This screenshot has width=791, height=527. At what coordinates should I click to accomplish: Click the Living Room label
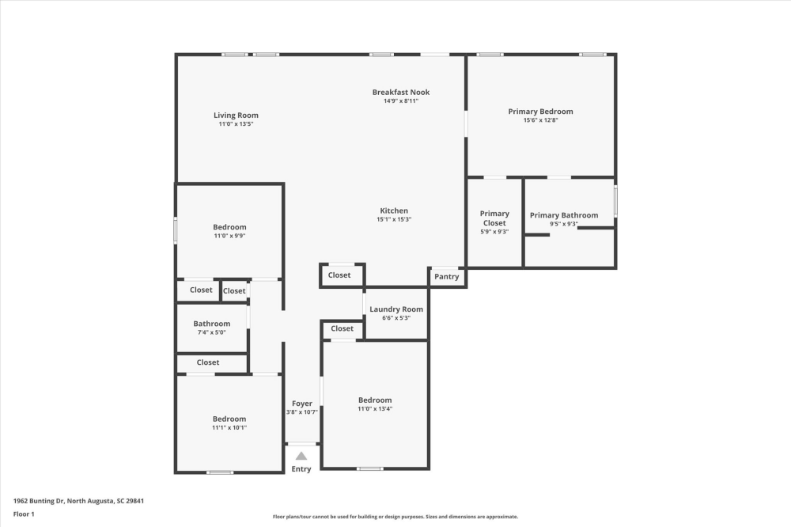(x=236, y=116)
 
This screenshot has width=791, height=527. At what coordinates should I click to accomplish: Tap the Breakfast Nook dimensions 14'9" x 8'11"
(x=401, y=101)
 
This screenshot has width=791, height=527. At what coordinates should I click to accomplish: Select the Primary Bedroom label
(x=540, y=112)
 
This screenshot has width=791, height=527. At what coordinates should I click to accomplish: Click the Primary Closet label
(x=494, y=218)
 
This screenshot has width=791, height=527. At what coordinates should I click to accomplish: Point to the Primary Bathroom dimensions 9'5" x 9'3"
(x=564, y=224)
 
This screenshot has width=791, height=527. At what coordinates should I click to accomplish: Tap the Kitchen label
(x=393, y=210)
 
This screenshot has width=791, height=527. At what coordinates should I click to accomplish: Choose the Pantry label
(x=446, y=277)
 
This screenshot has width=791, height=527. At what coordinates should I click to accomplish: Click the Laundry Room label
(x=396, y=309)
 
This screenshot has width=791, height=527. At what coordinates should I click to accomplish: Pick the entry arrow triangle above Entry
(x=301, y=456)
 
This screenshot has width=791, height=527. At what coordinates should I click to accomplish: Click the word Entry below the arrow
(x=301, y=469)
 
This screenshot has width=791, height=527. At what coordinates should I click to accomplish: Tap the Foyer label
(x=301, y=404)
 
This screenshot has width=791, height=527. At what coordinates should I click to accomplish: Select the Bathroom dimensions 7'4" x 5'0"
(x=212, y=332)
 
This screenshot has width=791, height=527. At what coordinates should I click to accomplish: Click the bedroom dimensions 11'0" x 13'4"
(x=374, y=409)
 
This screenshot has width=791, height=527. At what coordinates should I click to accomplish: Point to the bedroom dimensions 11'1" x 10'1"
(x=229, y=427)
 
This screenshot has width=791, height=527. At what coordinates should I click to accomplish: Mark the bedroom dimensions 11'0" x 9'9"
(x=229, y=236)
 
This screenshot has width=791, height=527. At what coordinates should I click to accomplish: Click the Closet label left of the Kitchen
(x=339, y=275)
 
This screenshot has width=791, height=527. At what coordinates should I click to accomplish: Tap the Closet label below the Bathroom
(x=208, y=362)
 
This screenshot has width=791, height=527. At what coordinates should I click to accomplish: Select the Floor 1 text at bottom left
(x=24, y=514)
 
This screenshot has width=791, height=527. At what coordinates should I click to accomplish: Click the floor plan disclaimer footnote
(x=395, y=516)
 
